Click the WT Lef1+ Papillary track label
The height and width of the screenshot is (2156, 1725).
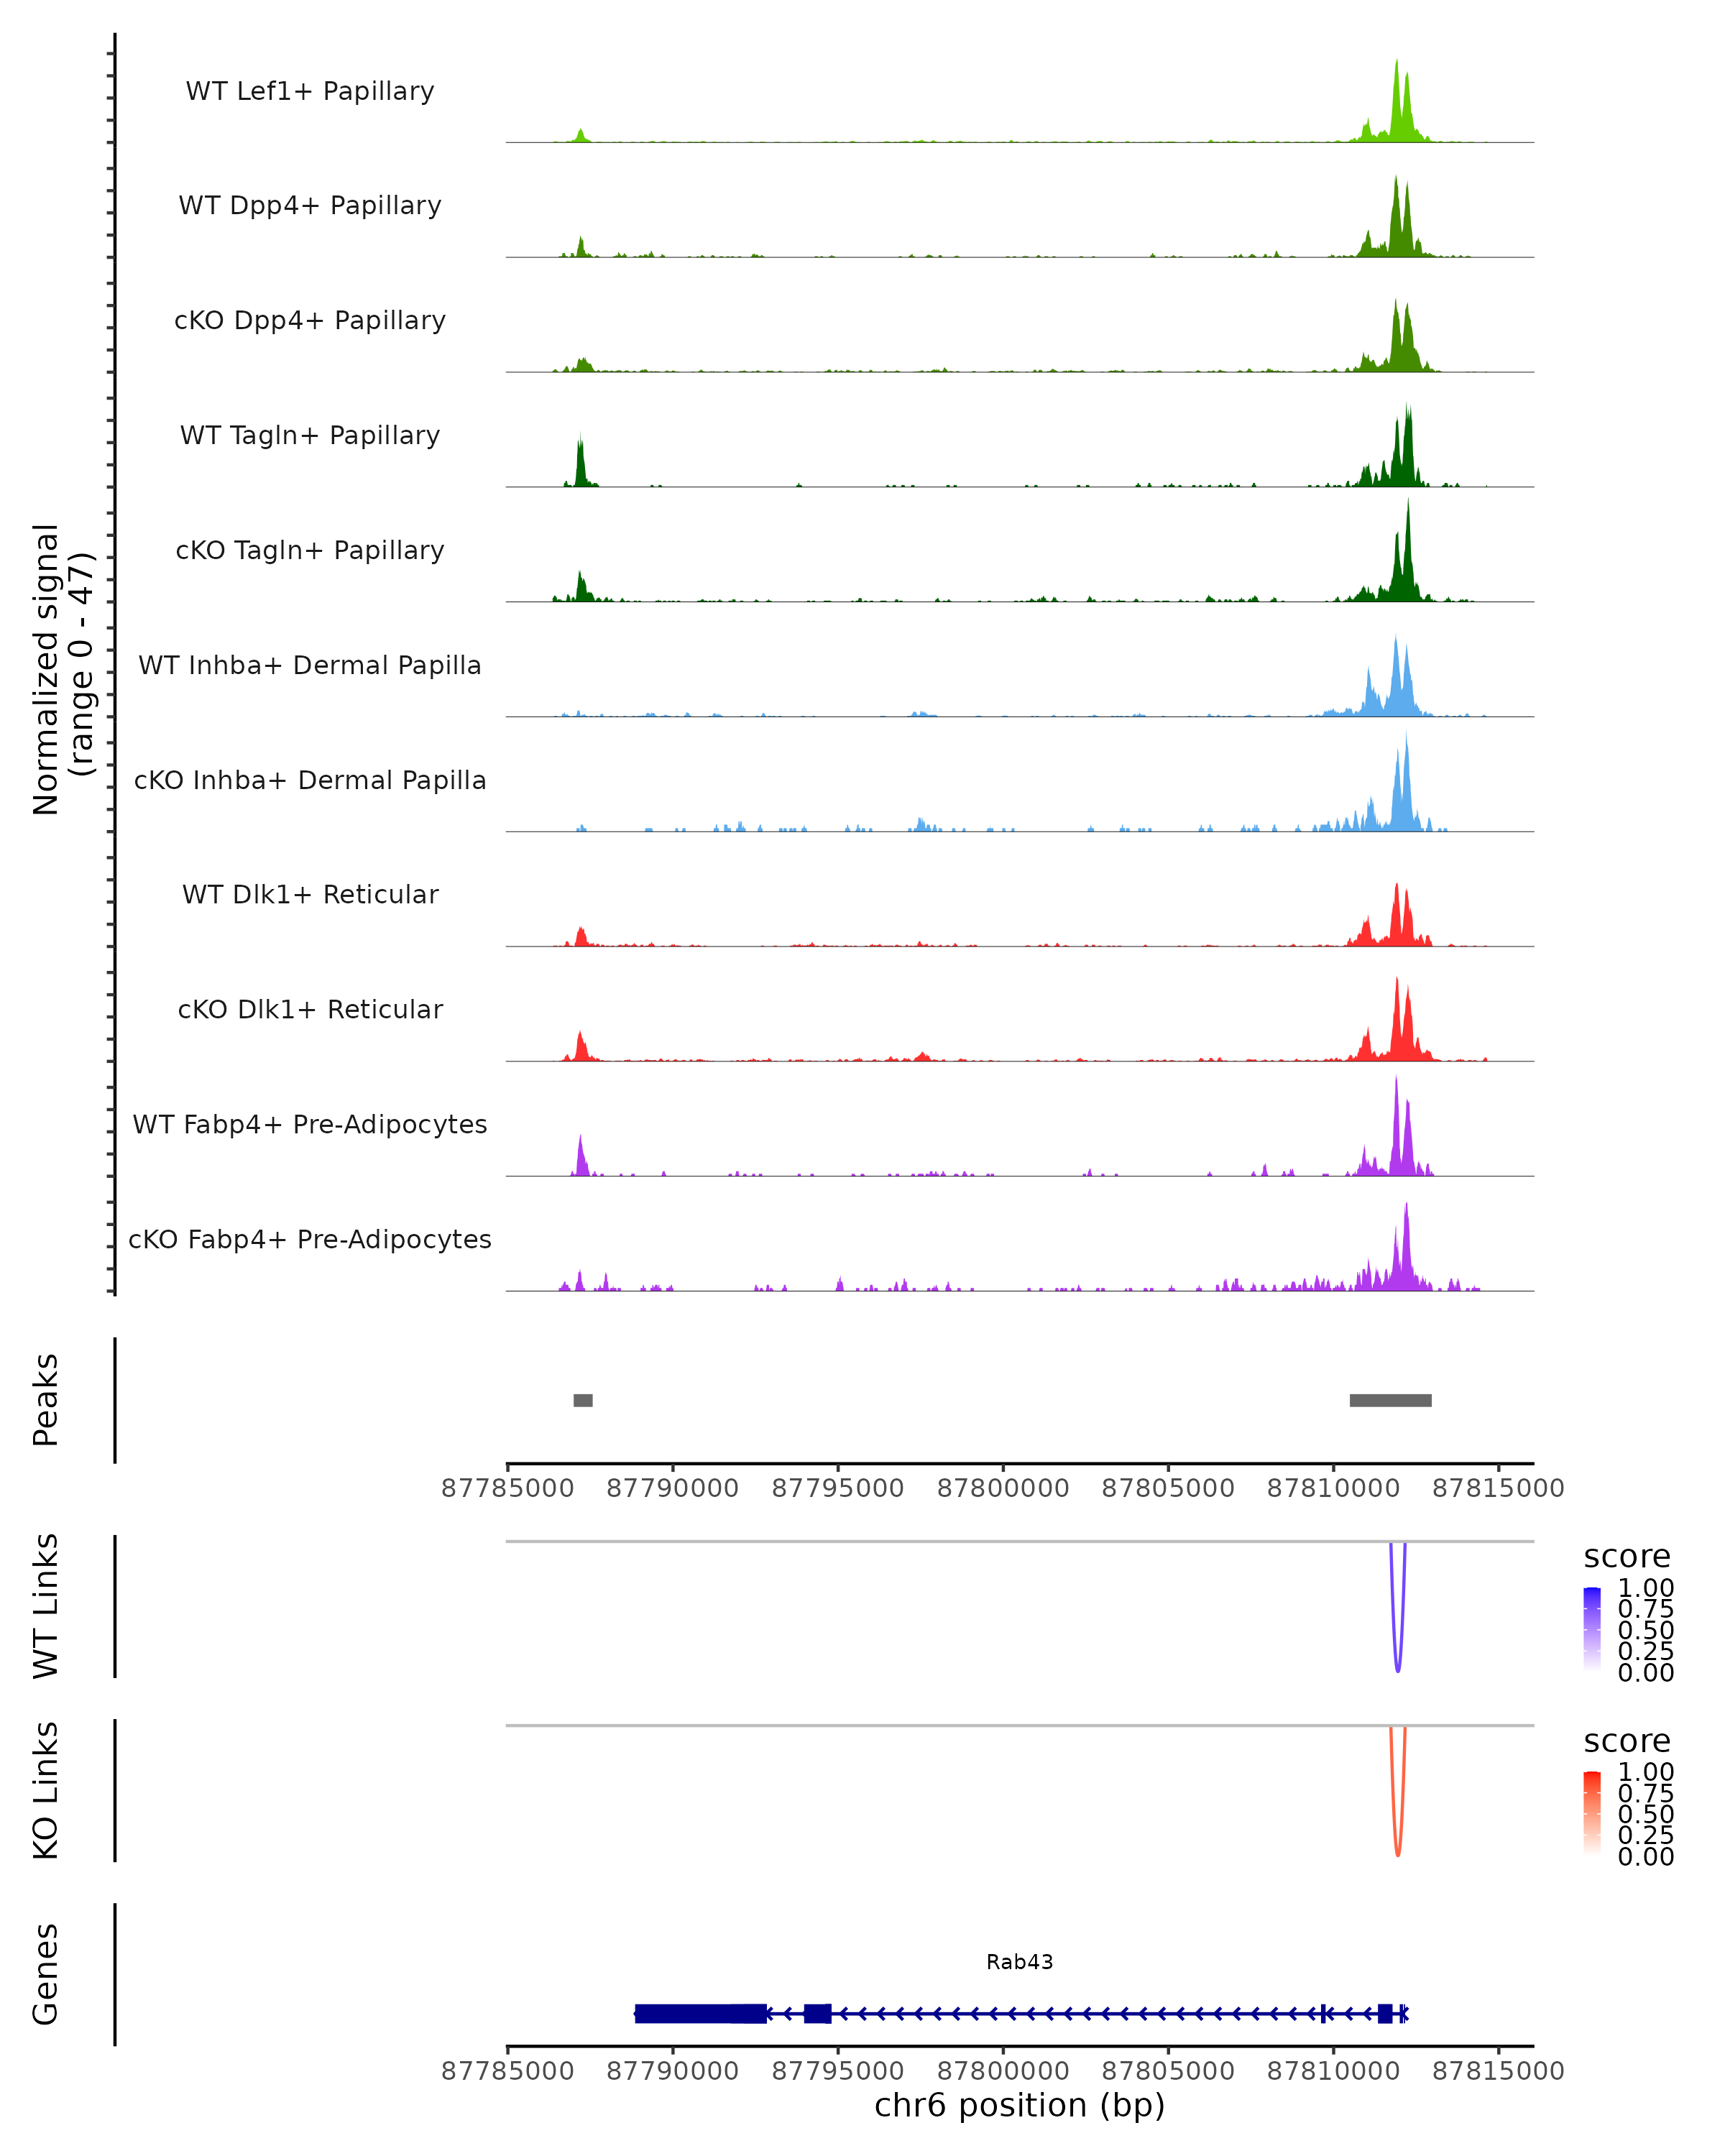(x=310, y=91)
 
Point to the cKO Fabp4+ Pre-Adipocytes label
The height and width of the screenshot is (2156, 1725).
(x=310, y=1239)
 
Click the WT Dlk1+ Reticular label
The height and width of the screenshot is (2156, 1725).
(x=310, y=894)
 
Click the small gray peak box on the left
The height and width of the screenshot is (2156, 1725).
(x=583, y=1400)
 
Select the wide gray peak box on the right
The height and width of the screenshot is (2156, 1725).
(x=1390, y=1400)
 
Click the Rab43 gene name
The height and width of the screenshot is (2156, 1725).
(x=1019, y=1962)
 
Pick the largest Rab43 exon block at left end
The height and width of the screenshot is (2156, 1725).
(x=700, y=2013)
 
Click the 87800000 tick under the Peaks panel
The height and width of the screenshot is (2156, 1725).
(x=1003, y=1488)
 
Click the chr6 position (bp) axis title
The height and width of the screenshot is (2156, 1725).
(x=1019, y=2105)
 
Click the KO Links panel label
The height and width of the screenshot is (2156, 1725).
(x=46, y=1790)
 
